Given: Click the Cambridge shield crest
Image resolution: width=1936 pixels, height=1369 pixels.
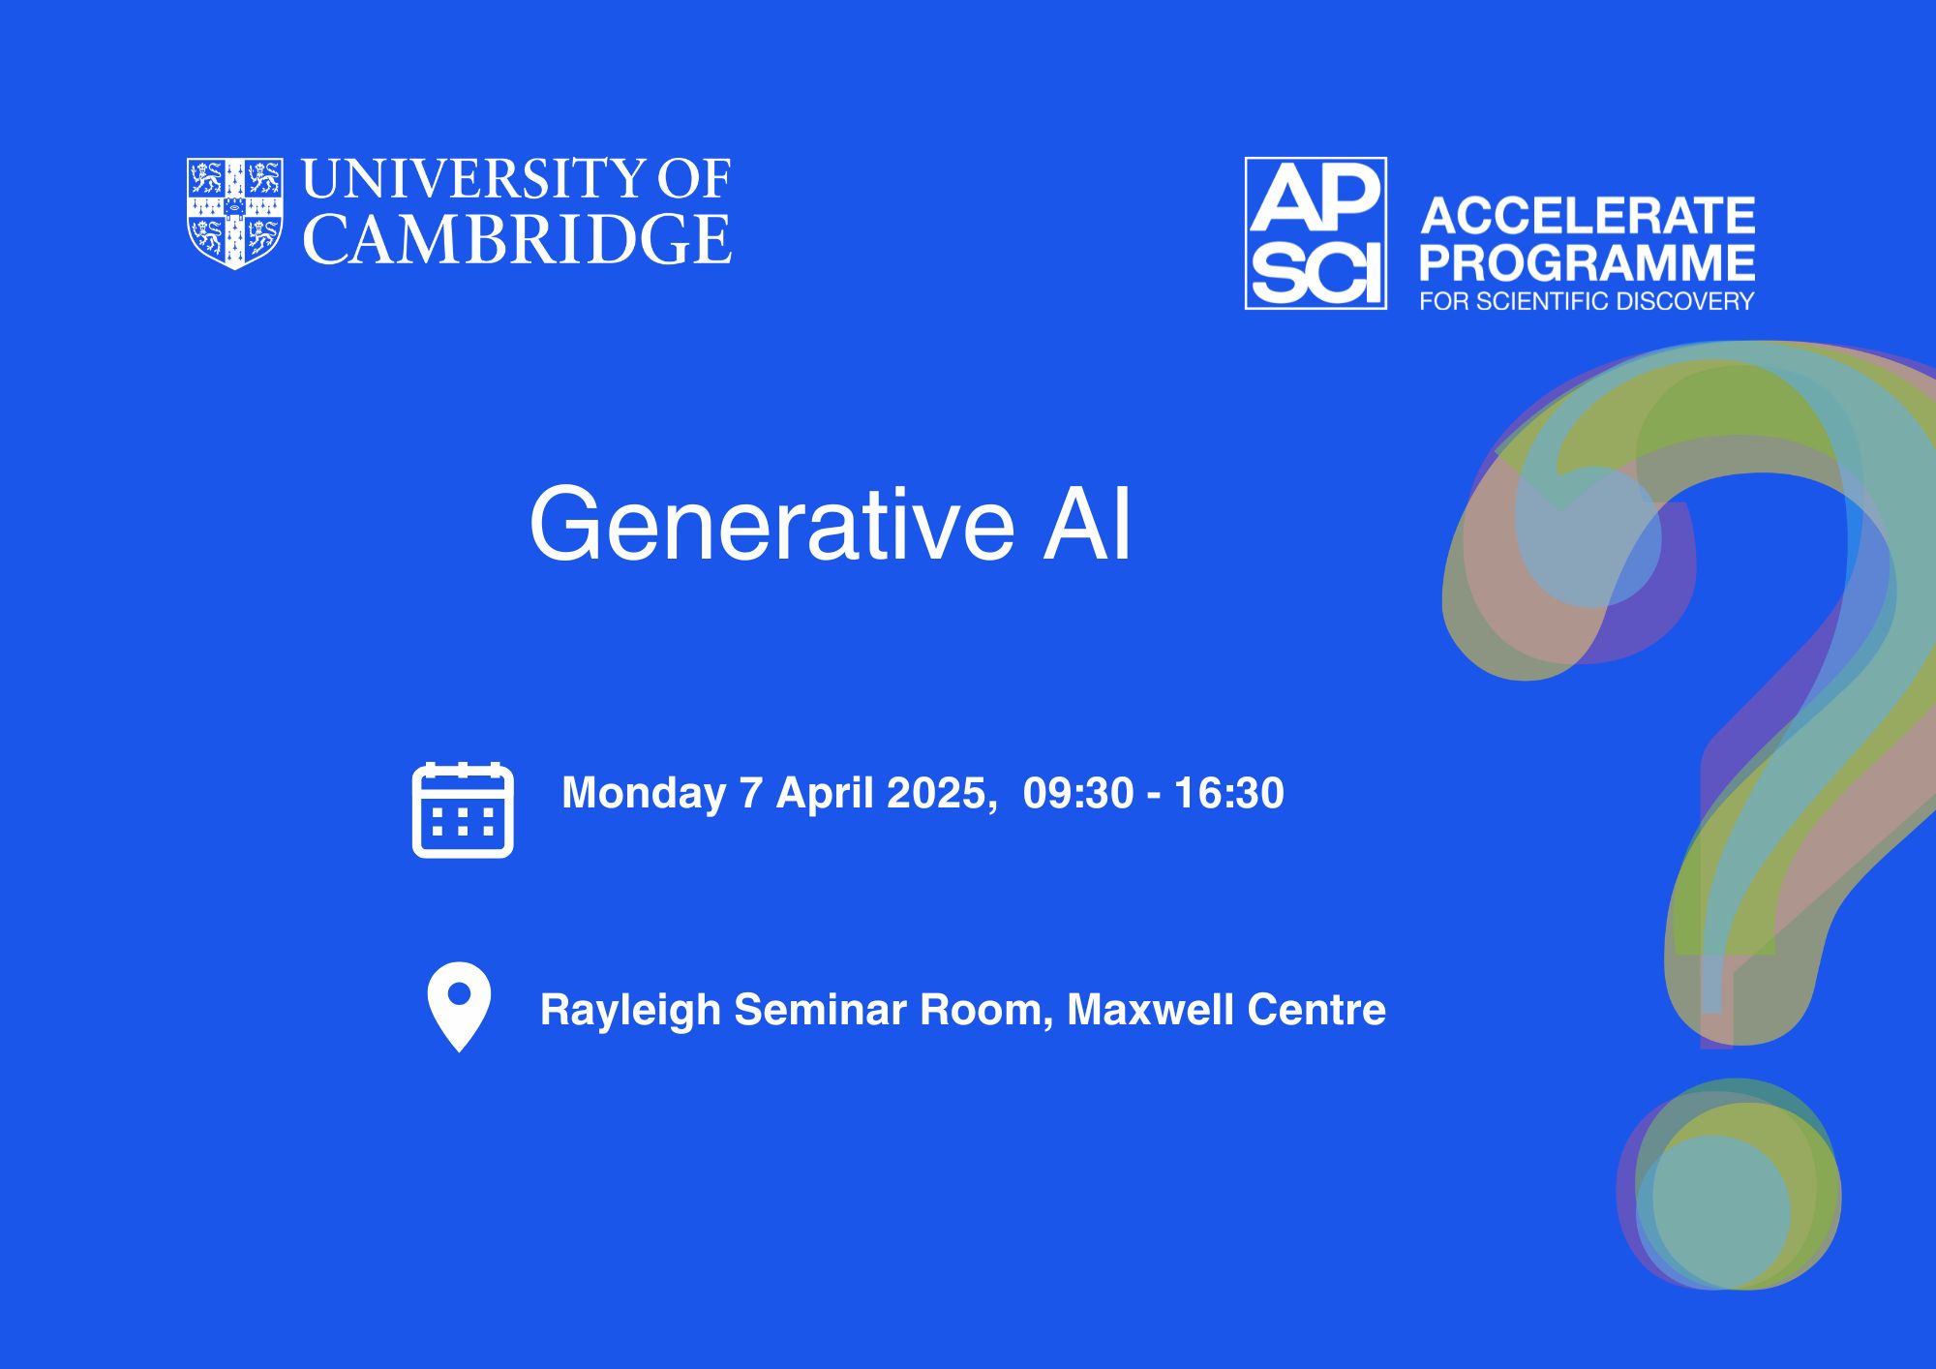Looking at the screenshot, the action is [x=235, y=213].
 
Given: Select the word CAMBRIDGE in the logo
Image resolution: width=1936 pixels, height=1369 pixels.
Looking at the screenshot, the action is [x=518, y=239].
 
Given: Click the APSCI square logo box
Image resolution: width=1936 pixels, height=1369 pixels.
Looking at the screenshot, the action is [x=1316, y=233].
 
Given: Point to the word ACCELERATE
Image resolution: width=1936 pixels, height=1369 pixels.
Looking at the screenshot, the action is [x=1588, y=216].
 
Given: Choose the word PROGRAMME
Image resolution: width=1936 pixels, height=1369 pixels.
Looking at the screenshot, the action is [x=1588, y=262].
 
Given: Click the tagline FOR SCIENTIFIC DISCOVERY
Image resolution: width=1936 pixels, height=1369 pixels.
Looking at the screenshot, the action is [x=1587, y=302].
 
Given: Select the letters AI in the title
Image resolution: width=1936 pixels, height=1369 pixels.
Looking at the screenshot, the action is [x=1086, y=525].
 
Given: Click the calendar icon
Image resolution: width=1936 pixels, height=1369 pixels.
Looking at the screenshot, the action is [x=463, y=810].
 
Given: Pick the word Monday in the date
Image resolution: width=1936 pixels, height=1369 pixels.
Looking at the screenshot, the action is [x=644, y=794].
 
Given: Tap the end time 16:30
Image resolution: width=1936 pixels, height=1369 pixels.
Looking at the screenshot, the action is [x=1229, y=793].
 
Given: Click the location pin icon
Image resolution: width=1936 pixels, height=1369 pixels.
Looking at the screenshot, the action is [x=459, y=1006].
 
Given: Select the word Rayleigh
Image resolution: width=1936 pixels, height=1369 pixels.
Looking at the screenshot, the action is [x=630, y=1012].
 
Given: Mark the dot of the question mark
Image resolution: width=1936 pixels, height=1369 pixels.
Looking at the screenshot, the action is [x=1729, y=1184].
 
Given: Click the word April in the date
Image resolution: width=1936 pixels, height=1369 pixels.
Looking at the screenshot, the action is [x=824, y=794].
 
